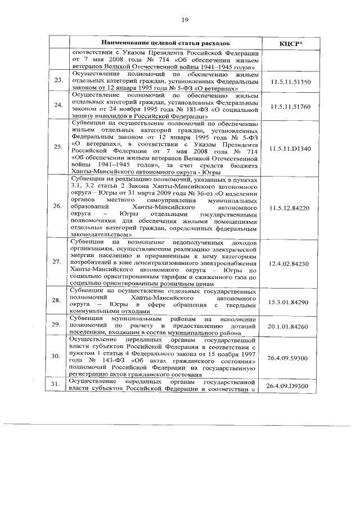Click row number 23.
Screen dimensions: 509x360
[57, 83]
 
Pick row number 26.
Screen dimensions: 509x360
[57, 207]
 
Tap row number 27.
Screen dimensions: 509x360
[57, 263]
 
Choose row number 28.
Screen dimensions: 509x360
[57, 302]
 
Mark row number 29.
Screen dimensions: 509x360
[57, 326]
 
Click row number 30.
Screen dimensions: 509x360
[57, 357]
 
